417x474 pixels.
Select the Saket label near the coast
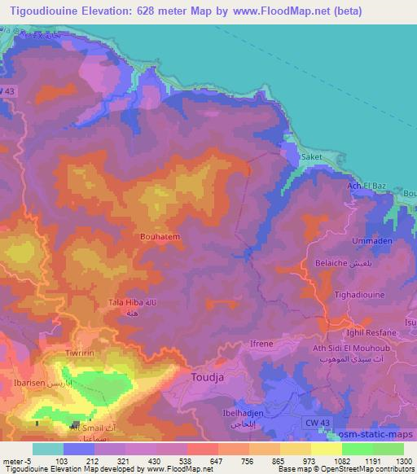(312, 157)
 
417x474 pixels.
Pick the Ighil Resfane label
(371, 332)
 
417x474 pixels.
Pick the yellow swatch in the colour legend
(327, 449)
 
